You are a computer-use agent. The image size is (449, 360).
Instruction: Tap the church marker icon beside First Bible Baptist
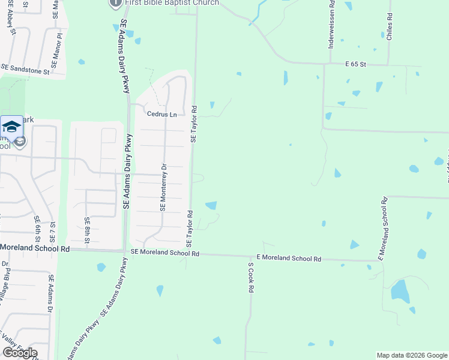click(115, 3)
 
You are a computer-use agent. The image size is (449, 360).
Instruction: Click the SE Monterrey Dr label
click(162, 187)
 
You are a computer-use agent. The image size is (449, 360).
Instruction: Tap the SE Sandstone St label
click(25, 70)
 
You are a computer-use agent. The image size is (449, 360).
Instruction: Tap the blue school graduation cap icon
click(11, 127)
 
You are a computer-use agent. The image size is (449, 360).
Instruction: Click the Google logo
click(20, 353)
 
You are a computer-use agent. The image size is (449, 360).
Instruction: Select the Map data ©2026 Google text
click(411, 355)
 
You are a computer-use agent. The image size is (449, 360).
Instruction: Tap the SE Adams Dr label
click(50, 293)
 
